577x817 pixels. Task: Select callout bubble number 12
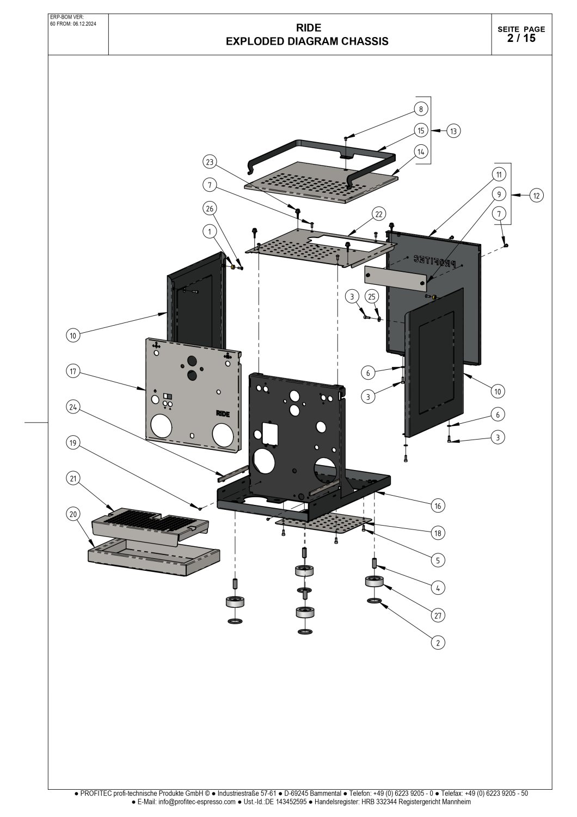(x=537, y=196)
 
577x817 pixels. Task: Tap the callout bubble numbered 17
(x=73, y=371)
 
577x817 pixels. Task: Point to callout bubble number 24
(x=73, y=406)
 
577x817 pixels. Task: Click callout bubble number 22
(x=379, y=214)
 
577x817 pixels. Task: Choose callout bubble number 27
(x=437, y=615)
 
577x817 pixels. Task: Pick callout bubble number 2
(x=437, y=643)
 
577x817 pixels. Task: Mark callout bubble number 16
(x=437, y=506)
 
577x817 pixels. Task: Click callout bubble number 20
(x=73, y=514)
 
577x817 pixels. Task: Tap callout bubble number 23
(x=210, y=162)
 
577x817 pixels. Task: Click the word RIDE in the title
(x=308, y=28)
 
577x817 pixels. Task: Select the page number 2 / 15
(x=521, y=38)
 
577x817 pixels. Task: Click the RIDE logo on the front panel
(x=223, y=413)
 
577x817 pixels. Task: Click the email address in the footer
(x=197, y=802)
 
